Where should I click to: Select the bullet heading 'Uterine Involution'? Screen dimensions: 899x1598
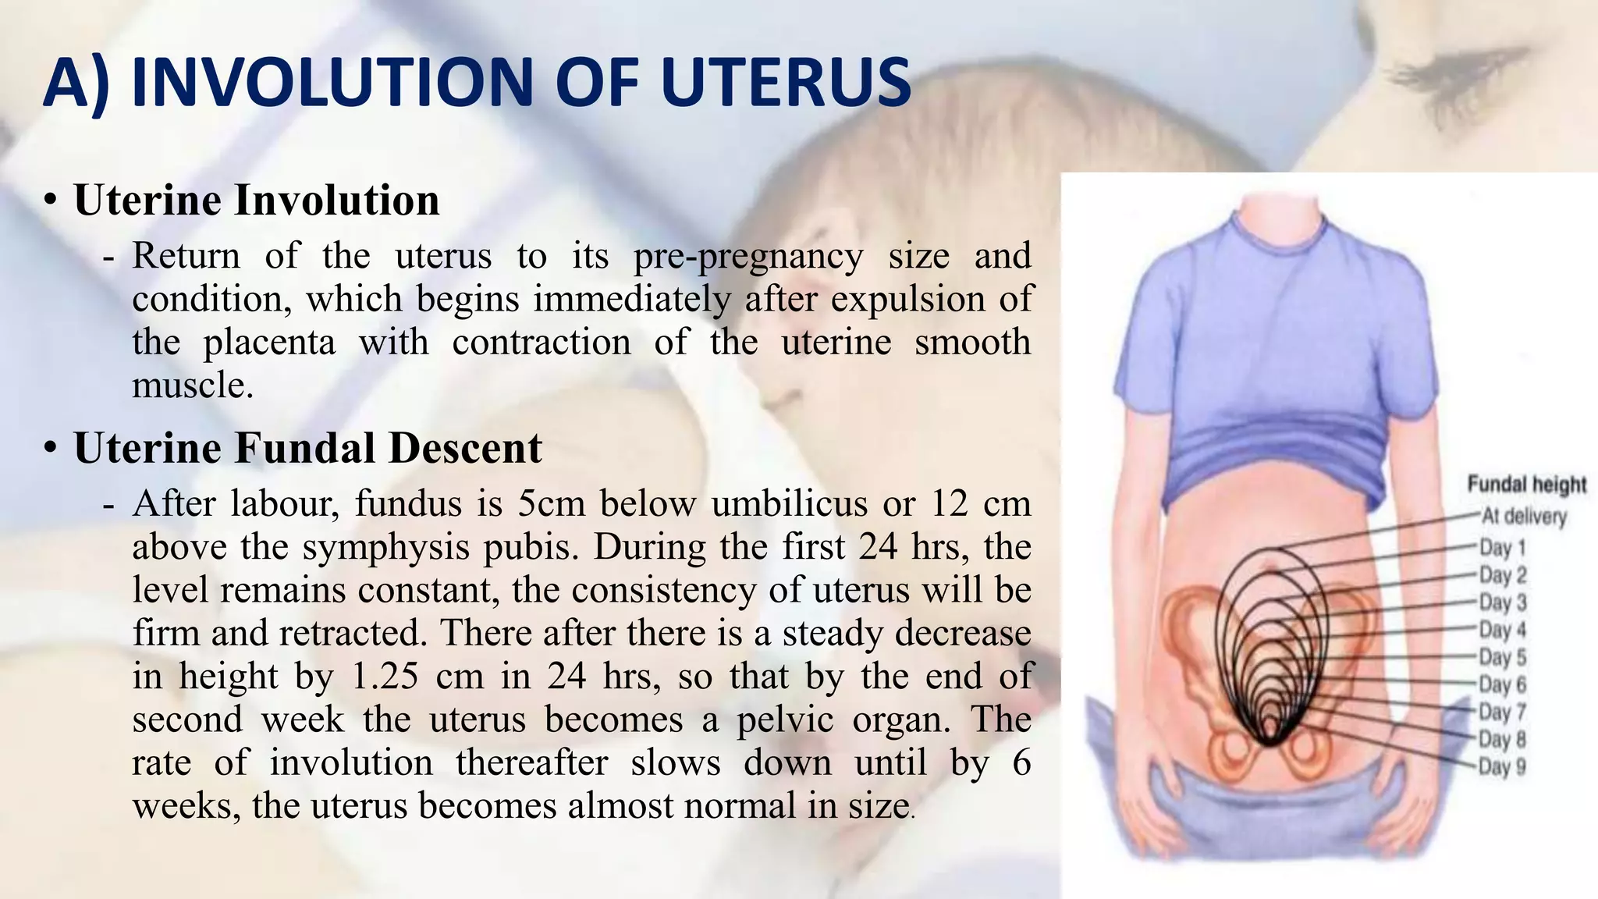[257, 200]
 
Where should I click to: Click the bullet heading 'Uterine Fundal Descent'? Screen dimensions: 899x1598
[307, 448]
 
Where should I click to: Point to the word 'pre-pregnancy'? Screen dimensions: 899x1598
[748, 256]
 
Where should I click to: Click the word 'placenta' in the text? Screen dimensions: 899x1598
[269, 343]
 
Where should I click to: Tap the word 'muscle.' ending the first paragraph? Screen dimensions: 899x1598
[193, 386]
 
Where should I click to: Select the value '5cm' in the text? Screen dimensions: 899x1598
[551, 504]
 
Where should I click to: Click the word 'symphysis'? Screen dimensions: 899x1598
[386, 547]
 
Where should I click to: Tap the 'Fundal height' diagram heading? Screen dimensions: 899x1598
[1527, 485]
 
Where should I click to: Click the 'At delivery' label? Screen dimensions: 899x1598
[1524, 517]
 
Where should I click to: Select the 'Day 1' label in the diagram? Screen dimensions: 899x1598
[1503, 548]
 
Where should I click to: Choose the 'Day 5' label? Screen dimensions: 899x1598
[1503, 657]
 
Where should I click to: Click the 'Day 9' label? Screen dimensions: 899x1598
[1503, 766]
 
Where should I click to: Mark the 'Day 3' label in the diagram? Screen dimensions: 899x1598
[1503, 602]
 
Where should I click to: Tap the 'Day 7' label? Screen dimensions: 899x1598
[1503, 712]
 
